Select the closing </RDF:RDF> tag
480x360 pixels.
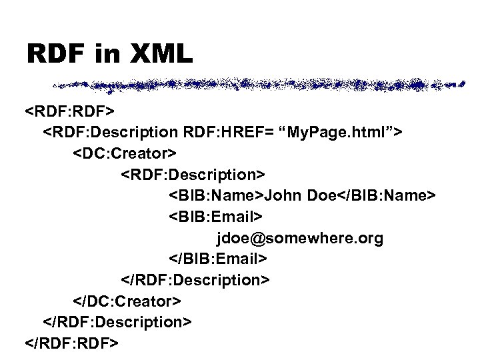point(71,343)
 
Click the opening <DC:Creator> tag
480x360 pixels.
point(125,153)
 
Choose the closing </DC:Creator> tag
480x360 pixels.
point(127,300)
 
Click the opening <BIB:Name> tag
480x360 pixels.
point(217,195)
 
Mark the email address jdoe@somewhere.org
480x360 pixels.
point(299,238)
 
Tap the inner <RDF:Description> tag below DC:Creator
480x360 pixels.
point(193,174)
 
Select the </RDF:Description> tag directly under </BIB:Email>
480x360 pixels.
point(195,279)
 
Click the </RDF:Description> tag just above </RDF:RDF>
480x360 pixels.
point(118,322)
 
